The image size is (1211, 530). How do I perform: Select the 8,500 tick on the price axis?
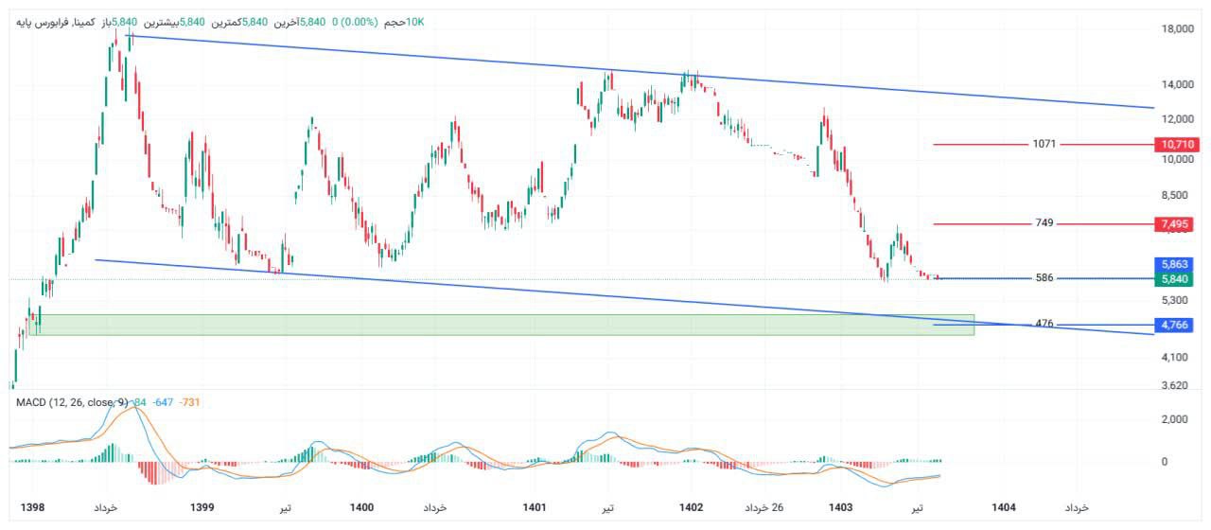1173,195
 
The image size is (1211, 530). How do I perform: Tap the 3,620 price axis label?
1173,385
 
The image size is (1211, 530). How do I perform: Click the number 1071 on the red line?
1044,145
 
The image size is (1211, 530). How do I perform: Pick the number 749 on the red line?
1044,223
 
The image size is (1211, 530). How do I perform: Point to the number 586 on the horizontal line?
1044,278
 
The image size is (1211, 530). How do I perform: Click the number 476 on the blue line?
1044,324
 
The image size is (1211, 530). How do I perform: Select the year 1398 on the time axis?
33,508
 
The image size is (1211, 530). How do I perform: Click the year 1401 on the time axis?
535,508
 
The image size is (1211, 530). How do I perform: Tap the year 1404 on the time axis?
1004,508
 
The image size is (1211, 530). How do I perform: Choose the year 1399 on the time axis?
202,508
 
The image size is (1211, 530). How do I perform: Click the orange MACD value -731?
189,402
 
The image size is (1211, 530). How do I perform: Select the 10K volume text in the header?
414,21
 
